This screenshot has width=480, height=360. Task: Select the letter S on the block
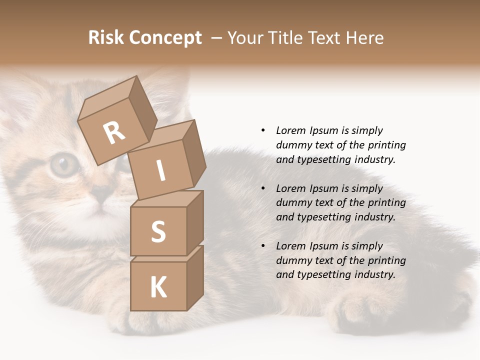point(158,232)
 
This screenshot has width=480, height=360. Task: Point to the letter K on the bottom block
point(158,287)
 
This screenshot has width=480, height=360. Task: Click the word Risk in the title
point(105,37)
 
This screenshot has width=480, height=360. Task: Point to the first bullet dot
point(263,130)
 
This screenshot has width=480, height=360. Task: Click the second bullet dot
point(263,188)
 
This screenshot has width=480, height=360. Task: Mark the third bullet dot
point(263,246)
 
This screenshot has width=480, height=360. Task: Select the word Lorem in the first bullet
point(291,130)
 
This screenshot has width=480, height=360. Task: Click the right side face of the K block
point(195,277)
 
